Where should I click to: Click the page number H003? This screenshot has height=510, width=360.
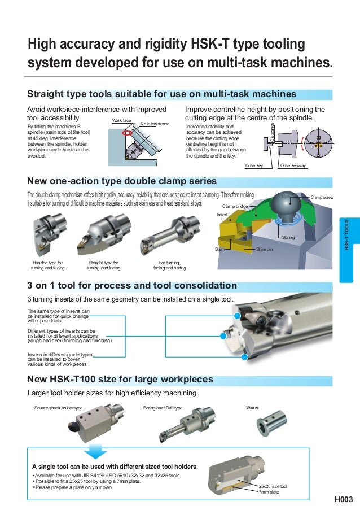[x=343, y=499]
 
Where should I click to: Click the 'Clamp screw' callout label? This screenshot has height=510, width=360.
[x=322, y=197]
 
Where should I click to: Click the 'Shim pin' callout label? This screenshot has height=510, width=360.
[x=265, y=249]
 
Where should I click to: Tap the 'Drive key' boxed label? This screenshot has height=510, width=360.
[x=254, y=166]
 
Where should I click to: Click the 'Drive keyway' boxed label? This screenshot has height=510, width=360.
[x=293, y=166]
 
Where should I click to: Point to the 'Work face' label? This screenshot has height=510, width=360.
[x=121, y=121]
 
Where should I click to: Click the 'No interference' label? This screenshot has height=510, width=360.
[x=155, y=124]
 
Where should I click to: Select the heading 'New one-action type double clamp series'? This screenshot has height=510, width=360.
[x=122, y=181]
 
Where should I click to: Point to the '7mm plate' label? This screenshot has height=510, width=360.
[x=269, y=492]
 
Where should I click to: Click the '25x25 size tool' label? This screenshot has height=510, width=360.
[x=273, y=486]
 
